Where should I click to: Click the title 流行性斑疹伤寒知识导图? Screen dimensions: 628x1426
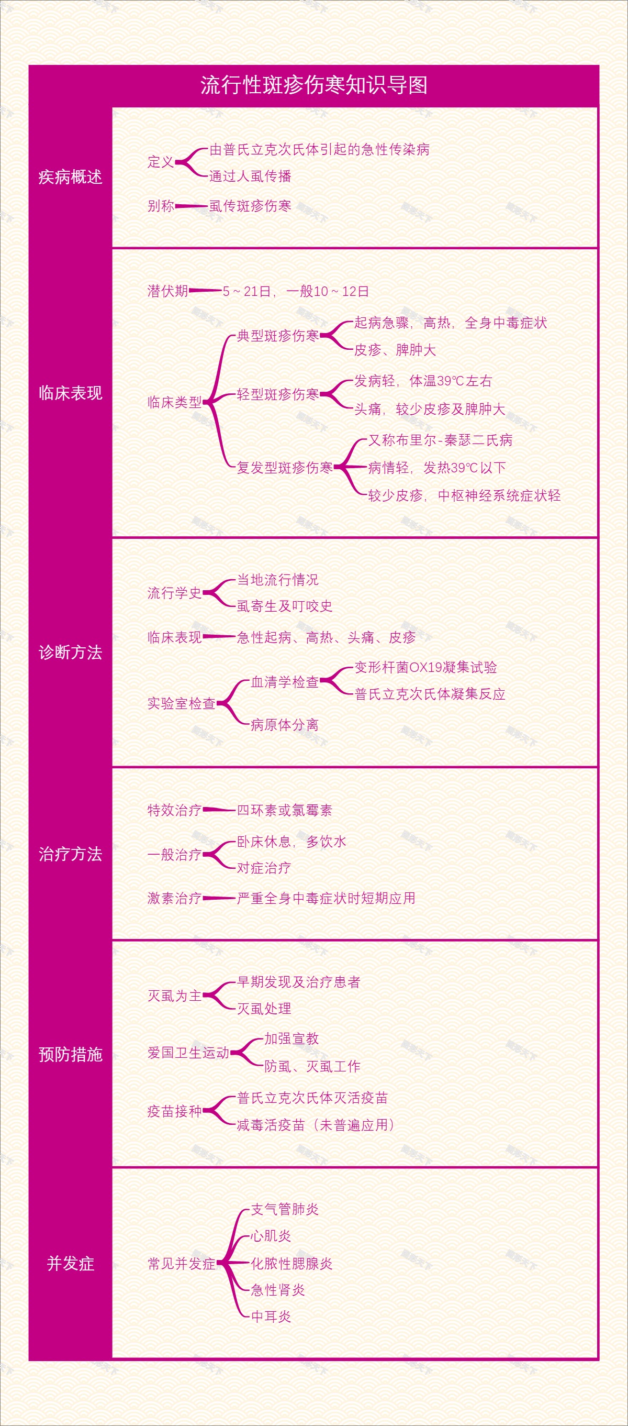313,85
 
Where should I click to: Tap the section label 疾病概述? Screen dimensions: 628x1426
70,177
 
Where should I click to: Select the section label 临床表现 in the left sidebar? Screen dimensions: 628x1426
70,393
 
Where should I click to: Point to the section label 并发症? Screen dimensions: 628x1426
70,1263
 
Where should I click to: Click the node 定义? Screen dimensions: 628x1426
161,162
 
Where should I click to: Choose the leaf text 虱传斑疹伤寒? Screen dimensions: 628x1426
250,206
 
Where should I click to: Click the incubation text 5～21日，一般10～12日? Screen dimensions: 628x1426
296,291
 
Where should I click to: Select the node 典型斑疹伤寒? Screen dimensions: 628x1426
278,336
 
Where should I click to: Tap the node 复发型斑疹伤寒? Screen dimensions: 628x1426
284,468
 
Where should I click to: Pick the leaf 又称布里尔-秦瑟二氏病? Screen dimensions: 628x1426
441,440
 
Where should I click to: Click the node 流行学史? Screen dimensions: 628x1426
174,593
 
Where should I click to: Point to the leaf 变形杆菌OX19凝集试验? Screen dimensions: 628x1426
425,668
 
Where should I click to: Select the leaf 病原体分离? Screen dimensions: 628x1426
284,725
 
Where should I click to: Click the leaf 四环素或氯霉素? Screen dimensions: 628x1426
284,811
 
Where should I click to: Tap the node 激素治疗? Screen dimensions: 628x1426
174,898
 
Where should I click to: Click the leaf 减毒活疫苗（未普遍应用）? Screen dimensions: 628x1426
316,1124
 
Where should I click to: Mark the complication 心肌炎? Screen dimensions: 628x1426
271,1235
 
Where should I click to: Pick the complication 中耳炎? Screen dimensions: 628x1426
271,1317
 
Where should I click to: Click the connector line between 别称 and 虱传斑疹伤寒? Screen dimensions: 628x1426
192,206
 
